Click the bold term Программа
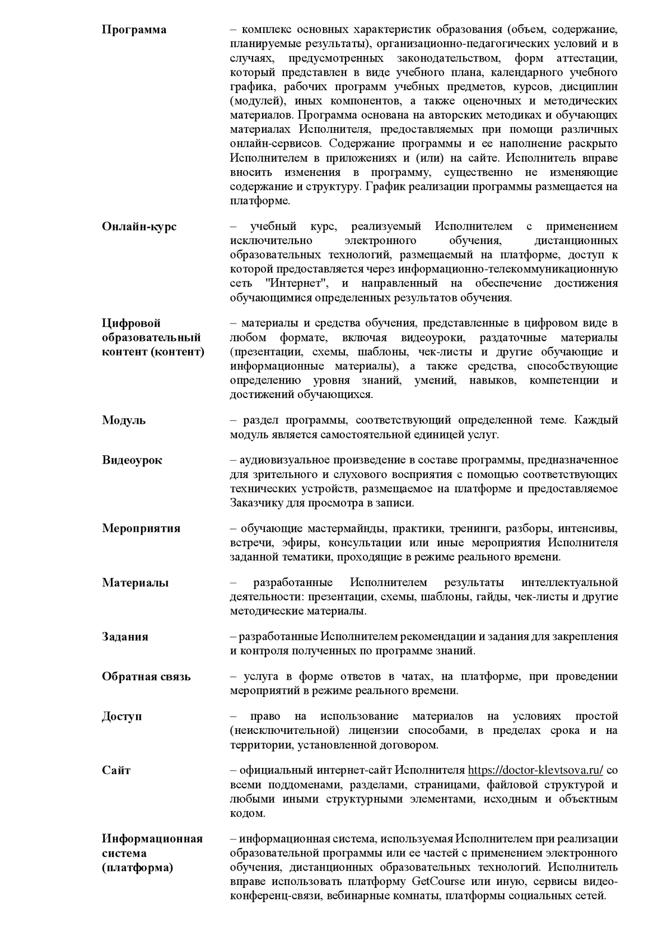tap(134, 30)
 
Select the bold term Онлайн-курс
tap(139, 227)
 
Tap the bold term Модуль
tap(124, 420)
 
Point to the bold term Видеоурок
tap(132, 460)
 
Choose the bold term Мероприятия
tap(141, 528)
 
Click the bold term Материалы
tap(135, 583)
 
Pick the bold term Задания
tap(125, 637)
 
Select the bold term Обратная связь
tap(146, 676)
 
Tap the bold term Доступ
tap(122, 717)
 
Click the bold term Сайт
tap(116, 770)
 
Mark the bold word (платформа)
tap(137, 868)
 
